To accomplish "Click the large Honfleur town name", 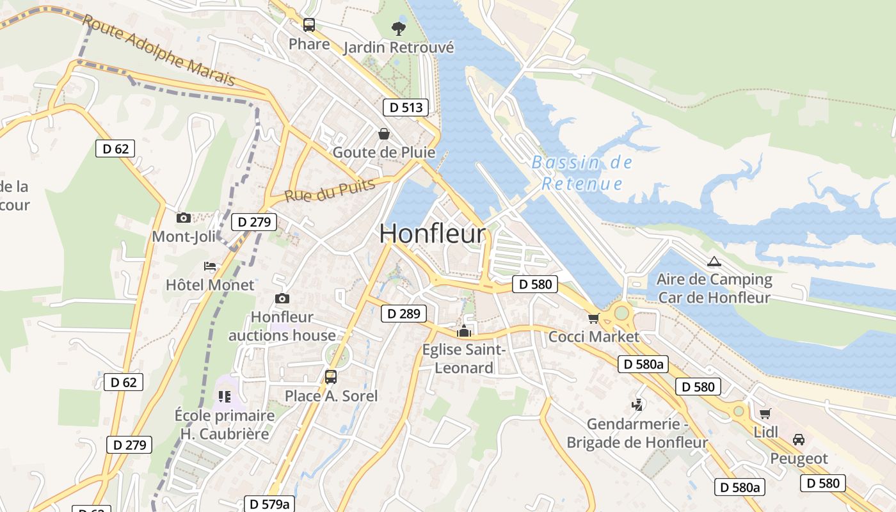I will [433, 234].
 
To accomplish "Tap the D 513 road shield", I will [405, 108].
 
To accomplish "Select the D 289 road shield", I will [403, 314].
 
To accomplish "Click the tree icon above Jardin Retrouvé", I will [398, 28].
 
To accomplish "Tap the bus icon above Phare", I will [309, 25].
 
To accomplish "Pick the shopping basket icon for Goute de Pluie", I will [384, 134].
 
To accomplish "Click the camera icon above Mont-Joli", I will [184, 218].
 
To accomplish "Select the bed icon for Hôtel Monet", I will [210, 266].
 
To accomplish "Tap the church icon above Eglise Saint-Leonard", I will [463, 332].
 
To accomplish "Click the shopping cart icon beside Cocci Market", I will [593, 318].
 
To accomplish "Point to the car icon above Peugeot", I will [799, 440].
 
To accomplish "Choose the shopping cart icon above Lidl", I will [765, 413].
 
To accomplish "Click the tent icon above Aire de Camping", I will [714, 261].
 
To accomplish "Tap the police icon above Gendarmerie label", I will [637, 404].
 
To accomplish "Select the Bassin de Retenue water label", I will [582, 173].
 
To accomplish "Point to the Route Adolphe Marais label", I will [159, 51].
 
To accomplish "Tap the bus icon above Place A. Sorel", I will [331, 377].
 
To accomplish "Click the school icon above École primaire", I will [224, 397].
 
